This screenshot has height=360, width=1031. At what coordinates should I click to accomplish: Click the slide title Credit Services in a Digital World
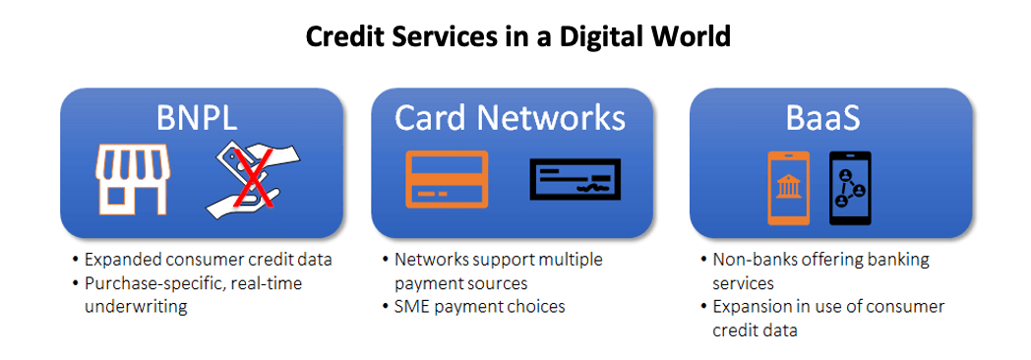pos(518,37)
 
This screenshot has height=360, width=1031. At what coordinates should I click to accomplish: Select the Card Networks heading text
pos(511,117)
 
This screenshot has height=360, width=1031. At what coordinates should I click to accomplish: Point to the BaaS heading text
pos(824,118)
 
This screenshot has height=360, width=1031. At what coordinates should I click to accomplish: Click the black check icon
pos(576,179)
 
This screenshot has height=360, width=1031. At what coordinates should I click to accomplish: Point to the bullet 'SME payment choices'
pos(479,306)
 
